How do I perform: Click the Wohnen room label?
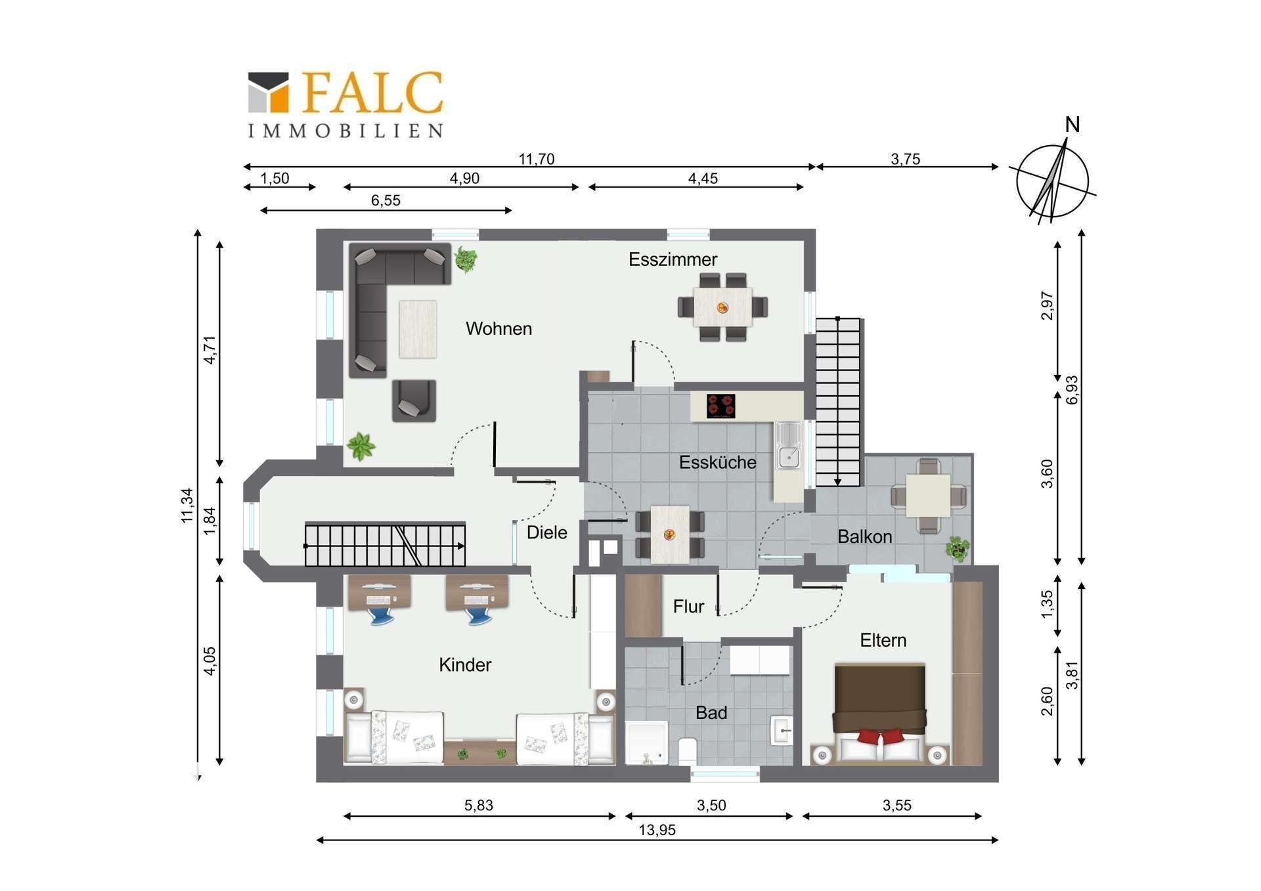[498, 328]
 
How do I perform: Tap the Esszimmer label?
[673, 259]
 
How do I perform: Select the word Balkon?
[864, 536]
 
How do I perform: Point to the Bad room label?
[711, 712]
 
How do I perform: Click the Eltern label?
[883, 640]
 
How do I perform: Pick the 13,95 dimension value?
[657, 830]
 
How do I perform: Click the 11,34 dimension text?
[188, 505]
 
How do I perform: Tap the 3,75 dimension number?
[905, 159]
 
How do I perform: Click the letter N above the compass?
[1072, 125]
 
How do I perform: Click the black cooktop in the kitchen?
[720, 406]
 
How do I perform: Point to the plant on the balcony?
[958, 548]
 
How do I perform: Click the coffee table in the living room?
[418, 329]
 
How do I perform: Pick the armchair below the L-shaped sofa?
[414, 401]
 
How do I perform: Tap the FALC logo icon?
[268, 92]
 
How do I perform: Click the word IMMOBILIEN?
[345, 131]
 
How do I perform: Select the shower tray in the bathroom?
[647, 743]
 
